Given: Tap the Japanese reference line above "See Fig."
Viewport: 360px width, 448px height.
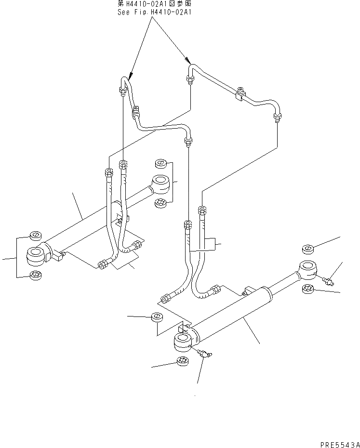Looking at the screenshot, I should click(x=155, y=4).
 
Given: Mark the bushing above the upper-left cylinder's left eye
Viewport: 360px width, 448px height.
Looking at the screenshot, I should click(x=35, y=236).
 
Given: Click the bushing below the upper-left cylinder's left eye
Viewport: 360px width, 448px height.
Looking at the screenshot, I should click(x=35, y=275).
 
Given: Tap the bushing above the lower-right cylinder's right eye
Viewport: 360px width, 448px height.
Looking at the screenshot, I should click(x=308, y=249).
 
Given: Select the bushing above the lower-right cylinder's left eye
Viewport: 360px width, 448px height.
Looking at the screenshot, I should click(x=157, y=317).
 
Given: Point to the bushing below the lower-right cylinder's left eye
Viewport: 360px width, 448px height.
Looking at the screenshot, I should click(x=183, y=361).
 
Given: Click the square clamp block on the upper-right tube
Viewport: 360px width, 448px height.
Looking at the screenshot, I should click(x=240, y=97).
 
